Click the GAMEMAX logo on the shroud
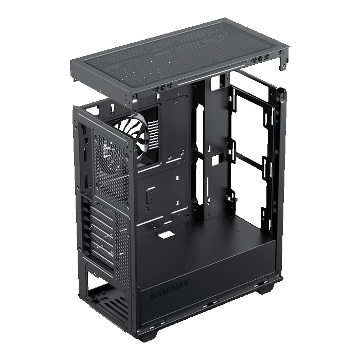pyautogui.click(x=169, y=289)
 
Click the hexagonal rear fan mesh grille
pyautogui.click(x=112, y=169)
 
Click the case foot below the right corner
pyautogui.click(x=266, y=290)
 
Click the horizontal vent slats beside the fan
pyautogui.click(x=154, y=136)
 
